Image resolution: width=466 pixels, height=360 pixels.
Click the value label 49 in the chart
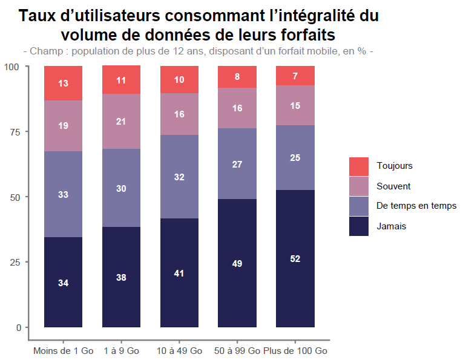click(x=237, y=263)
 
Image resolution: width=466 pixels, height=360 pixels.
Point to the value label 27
click(x=237, y=164)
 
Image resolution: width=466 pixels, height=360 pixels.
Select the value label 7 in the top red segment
click(x=295, y=76)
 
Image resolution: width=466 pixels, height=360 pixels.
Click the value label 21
click(x=121, y=121)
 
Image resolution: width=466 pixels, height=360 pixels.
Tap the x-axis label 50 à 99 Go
click(x=237, y=351)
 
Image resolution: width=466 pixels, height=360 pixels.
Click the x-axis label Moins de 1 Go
click(x=63, y=351)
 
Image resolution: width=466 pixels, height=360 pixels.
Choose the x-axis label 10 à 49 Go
click(x=179, y=351)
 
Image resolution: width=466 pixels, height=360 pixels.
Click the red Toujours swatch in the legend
click(x=359, y=166)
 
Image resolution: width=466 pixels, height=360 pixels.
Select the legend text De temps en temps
click(x=416, y=206)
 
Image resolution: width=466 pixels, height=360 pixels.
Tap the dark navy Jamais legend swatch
click(x=359, y=226)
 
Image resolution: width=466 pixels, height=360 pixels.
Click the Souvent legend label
click(x=393, y=186)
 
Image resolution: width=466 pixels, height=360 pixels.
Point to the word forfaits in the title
click(x=308, y=34)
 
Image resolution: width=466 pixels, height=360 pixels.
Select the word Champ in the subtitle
click(x=44, y=51)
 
